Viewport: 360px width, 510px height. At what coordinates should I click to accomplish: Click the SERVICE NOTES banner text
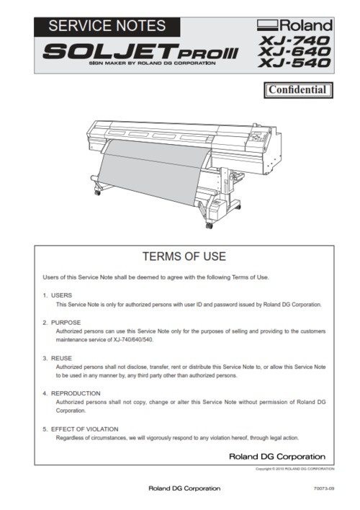coord(107,27)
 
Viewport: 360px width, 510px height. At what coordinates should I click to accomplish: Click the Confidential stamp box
coord(298,90)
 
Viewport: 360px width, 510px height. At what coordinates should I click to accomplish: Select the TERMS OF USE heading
coord(184,256)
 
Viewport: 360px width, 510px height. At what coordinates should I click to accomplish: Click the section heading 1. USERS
coord(56,295)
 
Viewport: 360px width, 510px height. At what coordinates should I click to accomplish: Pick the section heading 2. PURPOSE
coord(61,322)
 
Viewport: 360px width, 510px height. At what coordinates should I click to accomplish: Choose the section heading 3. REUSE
coord(57,358)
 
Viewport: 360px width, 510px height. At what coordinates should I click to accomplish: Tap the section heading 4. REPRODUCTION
coord(71,393)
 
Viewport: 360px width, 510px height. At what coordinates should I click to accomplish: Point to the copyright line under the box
coord(294,469)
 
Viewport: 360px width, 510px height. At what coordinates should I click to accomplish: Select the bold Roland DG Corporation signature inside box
coord(276,456)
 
